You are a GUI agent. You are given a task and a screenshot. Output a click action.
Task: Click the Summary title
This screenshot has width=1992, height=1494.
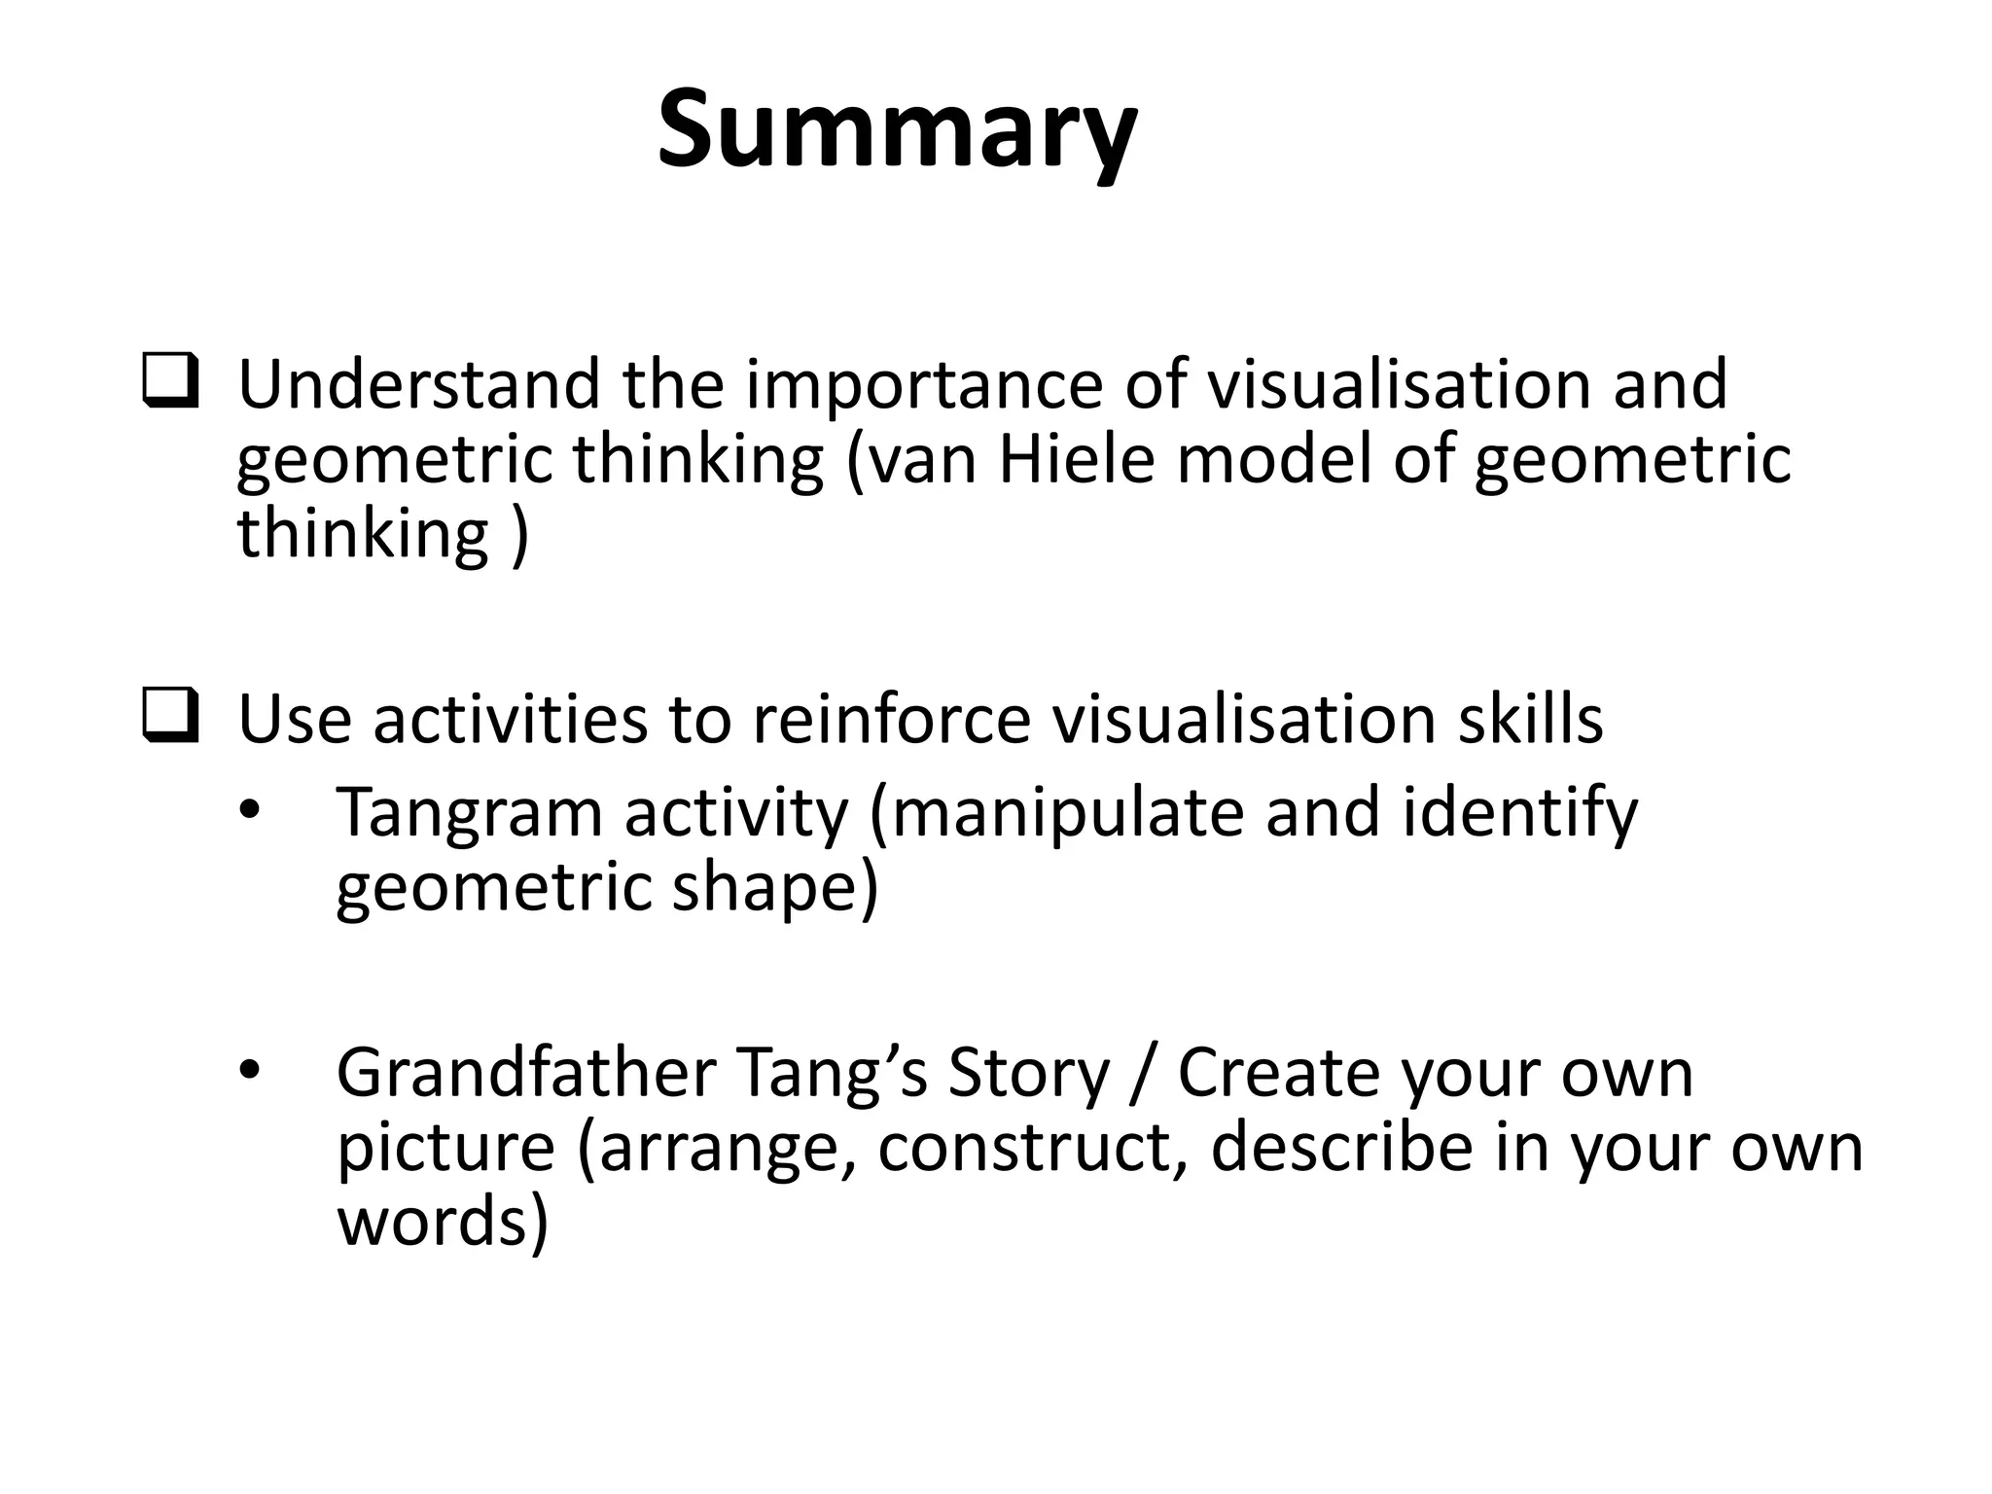point(896,131)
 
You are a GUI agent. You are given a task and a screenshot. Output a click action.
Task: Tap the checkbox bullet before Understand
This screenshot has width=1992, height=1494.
point(171,382)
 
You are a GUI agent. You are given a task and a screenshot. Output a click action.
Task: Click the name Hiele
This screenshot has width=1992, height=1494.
point(1076,459)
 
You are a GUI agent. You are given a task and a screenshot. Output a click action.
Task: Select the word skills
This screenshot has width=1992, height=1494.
point(1530,720)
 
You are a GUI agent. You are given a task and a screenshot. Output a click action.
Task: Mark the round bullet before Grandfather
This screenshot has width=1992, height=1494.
point(250,1070)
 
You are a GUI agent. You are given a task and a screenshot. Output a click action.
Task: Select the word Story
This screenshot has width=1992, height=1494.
point(1028,1073)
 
